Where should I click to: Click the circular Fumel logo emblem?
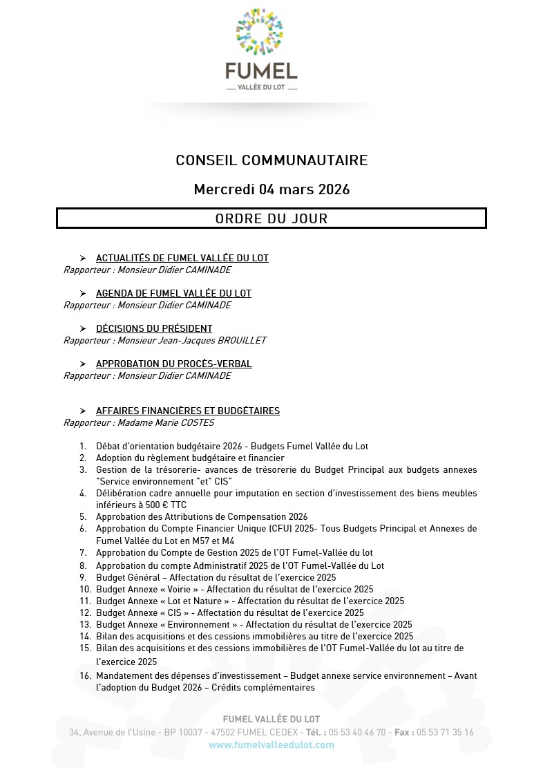[x=260, y=32]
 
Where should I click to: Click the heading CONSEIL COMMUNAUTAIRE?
[x=271, y=160]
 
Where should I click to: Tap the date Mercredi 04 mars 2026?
[x=271, y=189]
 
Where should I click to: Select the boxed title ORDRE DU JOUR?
[x=271, y=218]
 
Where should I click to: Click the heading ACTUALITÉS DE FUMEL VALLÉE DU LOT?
[x=182, y=258]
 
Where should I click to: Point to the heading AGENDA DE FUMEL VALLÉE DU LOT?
[x=173, y=293]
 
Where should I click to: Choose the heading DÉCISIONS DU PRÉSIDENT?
[x=154, y=328]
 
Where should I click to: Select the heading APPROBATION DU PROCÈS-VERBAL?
[x=173, y=364]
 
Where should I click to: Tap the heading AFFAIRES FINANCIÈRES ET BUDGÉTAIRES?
[x=187, y=411]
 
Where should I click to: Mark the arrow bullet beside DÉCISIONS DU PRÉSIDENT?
[x=83, y=328]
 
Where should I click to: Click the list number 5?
[x=83, y=516]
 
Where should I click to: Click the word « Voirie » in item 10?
[x=169, y=589]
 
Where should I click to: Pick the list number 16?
[x=85, y=675]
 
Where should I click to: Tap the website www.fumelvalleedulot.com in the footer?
[x=271, y=744]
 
